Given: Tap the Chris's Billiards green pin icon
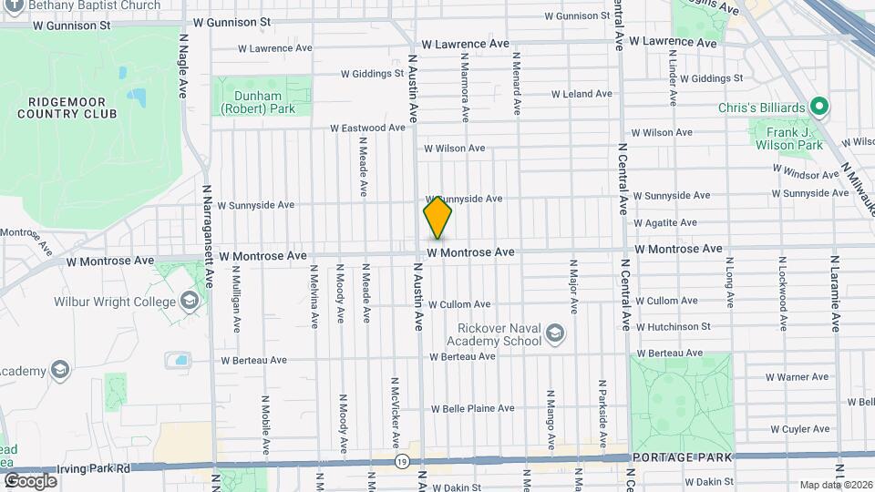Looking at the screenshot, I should click(x=819, y=108).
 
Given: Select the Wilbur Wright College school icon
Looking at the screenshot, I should click(x=190, y=300).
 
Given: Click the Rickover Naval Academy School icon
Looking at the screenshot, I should click(x=554, y=335).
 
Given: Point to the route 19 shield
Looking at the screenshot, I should click(x=401, y=463).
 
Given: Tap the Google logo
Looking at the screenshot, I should click(x=30, y=480).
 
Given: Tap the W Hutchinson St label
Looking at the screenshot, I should click(x=674, y=326).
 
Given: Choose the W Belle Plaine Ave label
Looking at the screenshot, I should click(x=472, y=408).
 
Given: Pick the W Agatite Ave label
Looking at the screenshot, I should click(x=664, y=222).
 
